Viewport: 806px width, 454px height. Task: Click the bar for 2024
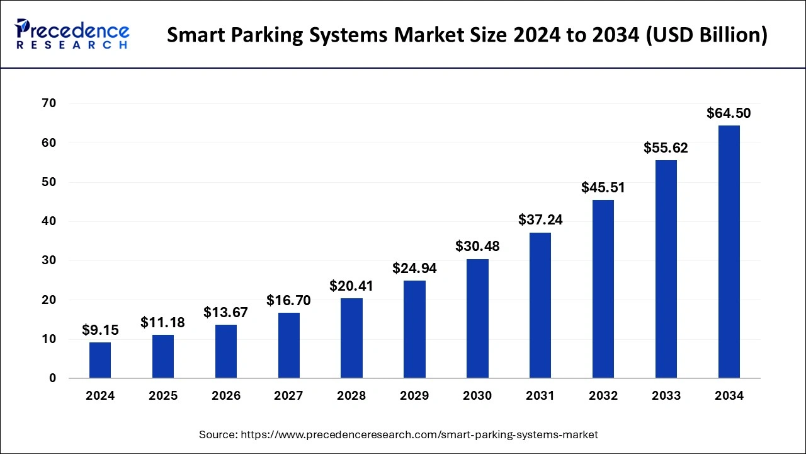coord(100,360)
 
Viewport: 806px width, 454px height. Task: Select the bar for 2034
coord(729,252)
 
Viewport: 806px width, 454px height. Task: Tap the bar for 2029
coord(414,329)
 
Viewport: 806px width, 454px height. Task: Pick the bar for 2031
coord(540,305)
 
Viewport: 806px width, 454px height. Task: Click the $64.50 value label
coord(729,113)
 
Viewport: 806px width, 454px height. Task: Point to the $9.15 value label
coord(100,330)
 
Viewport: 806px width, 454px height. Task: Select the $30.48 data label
coord(477,247)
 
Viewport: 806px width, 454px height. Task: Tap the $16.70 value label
coord(288,300)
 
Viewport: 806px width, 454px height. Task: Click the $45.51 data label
coord(603,187)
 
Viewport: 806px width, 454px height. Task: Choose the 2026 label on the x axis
coord(226,396)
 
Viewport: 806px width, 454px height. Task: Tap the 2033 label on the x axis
coord(666,396)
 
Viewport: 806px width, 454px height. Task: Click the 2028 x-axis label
coord(351,396)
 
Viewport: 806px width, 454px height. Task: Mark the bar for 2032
coord(603,289)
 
